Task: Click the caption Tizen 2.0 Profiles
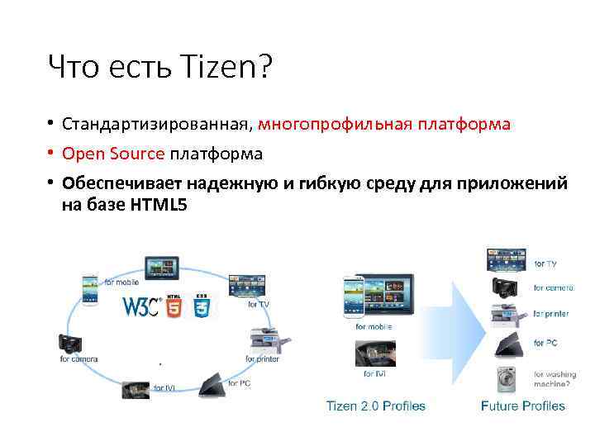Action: click(x=376, y=406)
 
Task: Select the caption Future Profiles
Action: click(x=523, y=406)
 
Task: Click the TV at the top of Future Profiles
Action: click(x=505, y=259)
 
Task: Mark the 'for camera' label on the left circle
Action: click(x=79, y=358)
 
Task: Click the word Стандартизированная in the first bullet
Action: click(x=155, y=125)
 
